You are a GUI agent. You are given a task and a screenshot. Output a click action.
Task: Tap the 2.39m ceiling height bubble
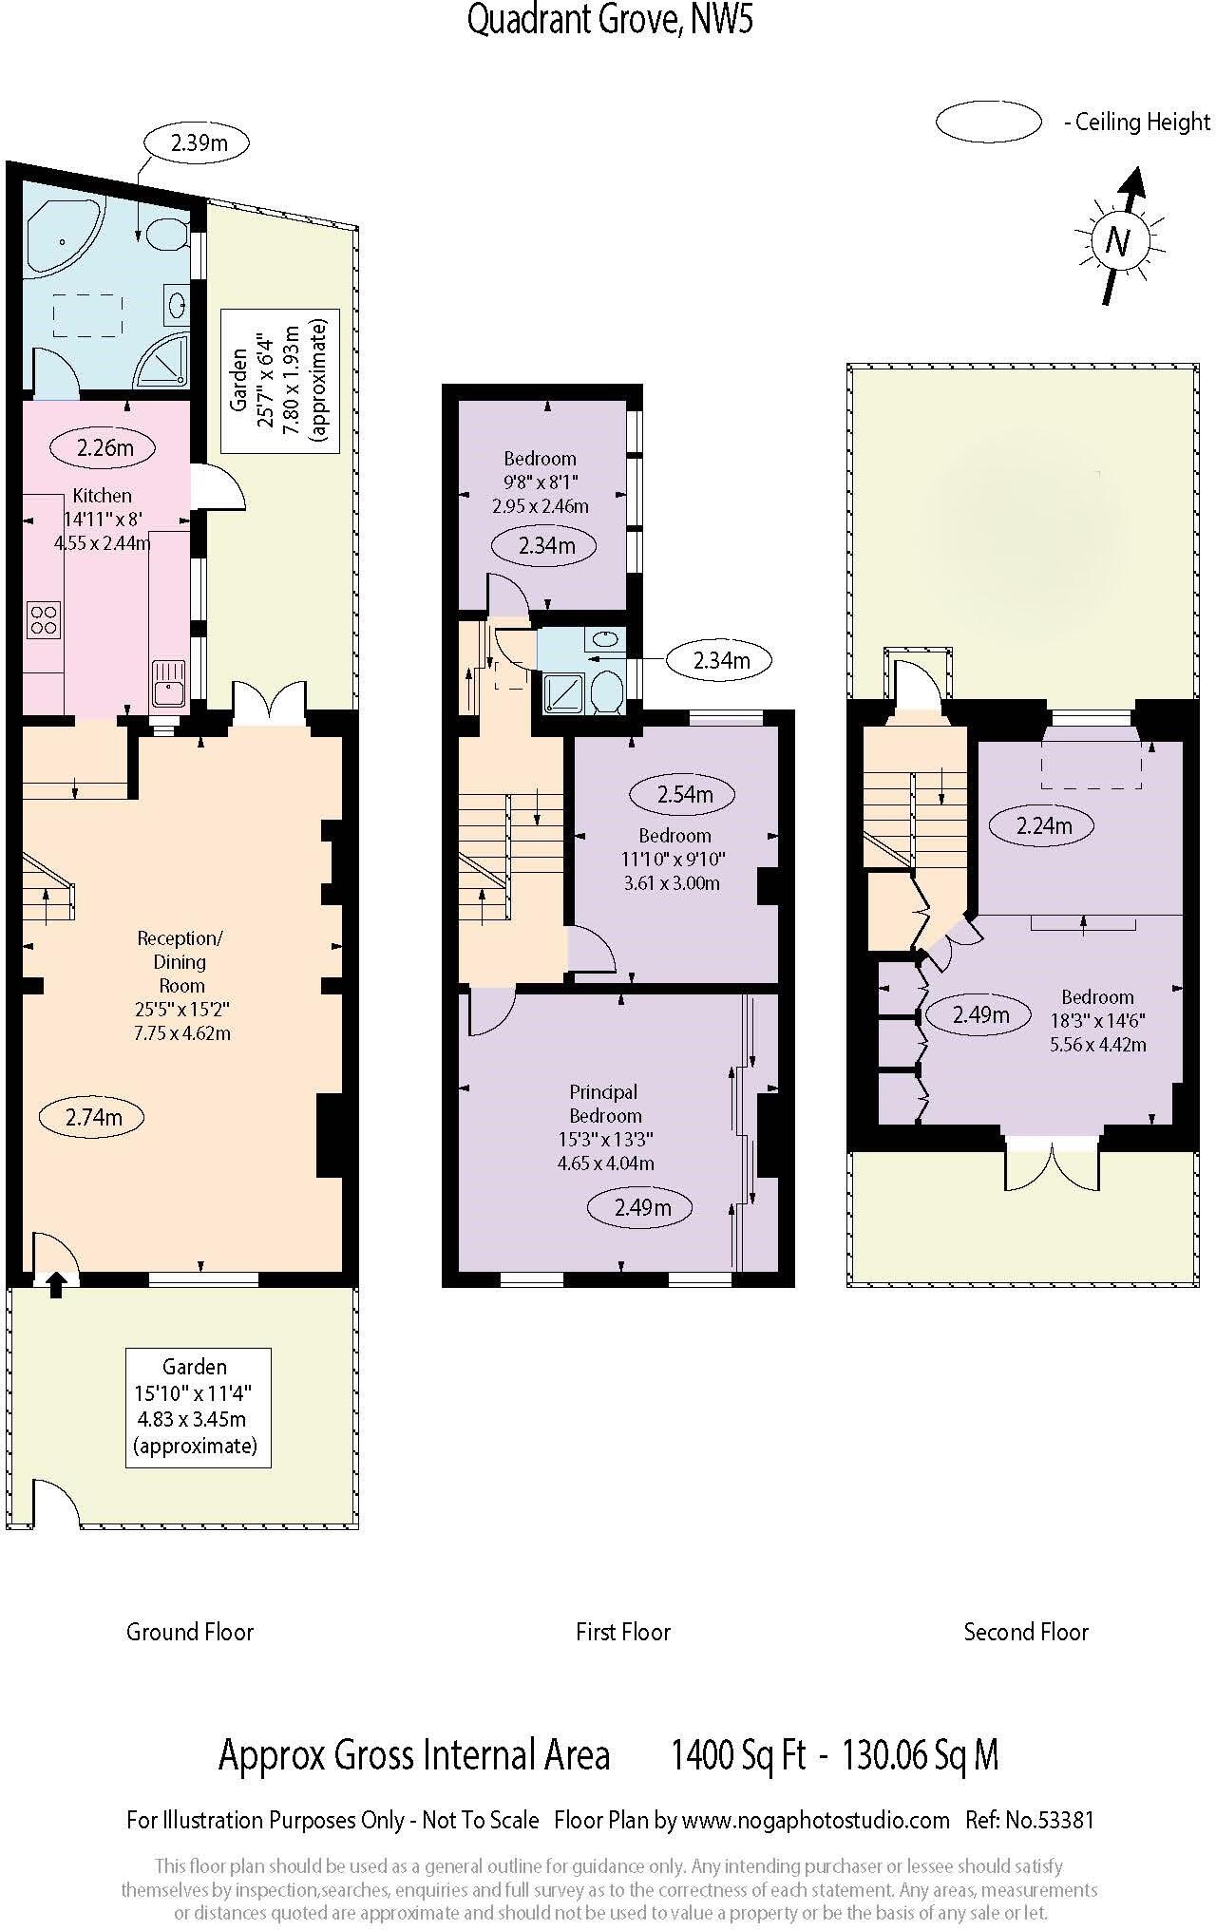pos(198,143)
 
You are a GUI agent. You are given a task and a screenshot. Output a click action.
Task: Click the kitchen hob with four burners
pos(43,618)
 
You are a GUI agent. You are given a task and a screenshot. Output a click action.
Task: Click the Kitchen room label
pos(103,495)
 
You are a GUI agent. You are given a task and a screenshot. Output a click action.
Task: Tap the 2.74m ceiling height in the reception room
pos(93,1117)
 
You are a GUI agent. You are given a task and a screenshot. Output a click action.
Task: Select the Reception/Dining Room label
pos(180,961)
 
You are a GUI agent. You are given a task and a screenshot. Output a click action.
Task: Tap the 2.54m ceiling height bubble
pos(684,794)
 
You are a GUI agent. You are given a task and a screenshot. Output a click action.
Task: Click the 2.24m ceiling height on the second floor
pos(1042,825)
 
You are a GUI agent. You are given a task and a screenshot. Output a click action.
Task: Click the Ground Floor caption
pos(190,1632)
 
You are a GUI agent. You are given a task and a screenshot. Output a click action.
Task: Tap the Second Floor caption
pos(1025,1632)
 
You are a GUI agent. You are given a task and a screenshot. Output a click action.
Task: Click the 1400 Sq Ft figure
pos(738,1755)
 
